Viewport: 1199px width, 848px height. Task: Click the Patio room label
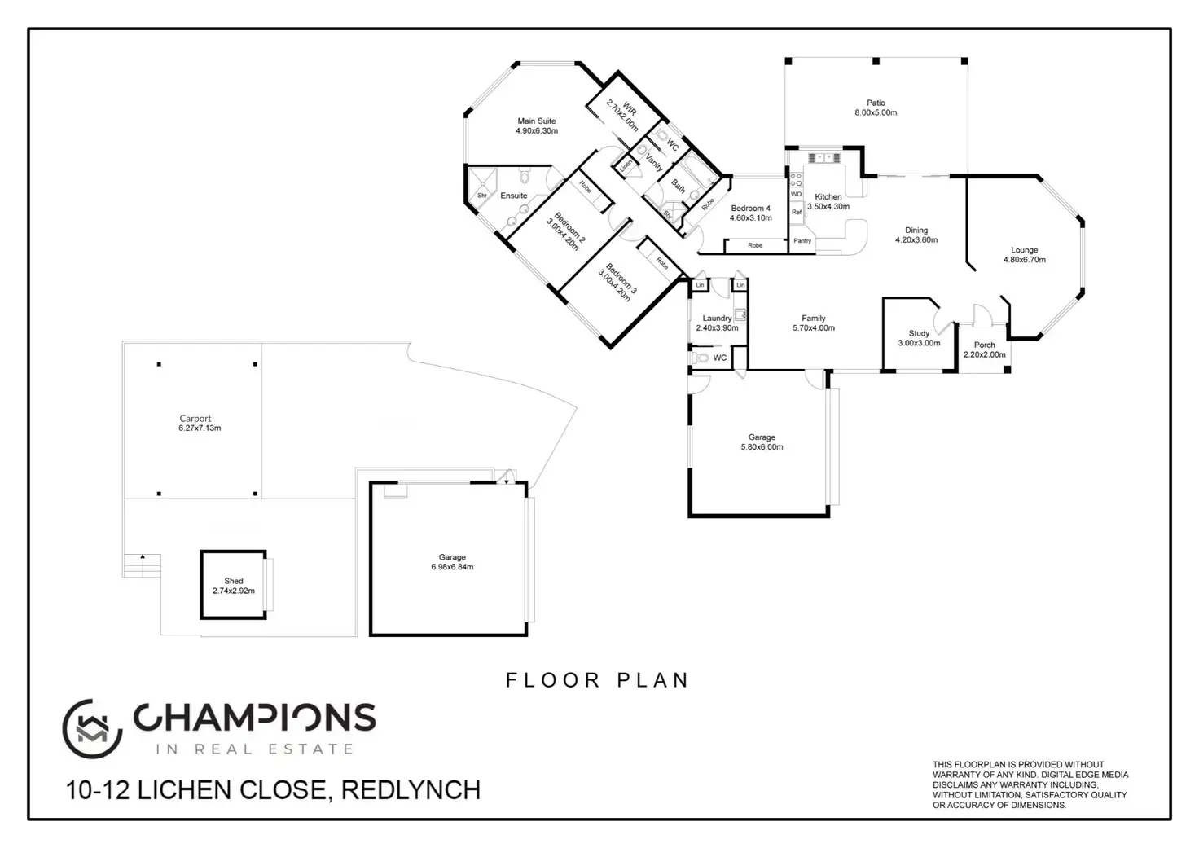(x=876, y=103)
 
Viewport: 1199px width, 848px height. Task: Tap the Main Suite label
(x=537, y=121)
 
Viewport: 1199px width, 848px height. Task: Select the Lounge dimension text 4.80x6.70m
(x=1025, y=260)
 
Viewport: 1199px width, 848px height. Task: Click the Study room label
(x=919, y=333)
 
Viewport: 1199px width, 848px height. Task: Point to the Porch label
(x=985, y=345)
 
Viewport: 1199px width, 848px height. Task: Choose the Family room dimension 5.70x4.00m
(x=814, y=328)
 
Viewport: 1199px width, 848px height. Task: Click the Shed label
(x=234, y=581)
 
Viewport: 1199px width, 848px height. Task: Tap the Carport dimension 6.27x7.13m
(x=200, y=428)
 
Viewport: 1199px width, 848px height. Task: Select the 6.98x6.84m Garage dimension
(x=452, y=567)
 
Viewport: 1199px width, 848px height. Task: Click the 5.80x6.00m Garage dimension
(x=762, y=447)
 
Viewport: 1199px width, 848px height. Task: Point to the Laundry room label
(x=717, y=318)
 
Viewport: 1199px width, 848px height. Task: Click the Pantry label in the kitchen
(x=802, y=240)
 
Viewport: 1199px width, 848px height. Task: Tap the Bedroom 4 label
(x=750, y=209)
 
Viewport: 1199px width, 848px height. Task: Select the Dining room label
(x=916, y=231)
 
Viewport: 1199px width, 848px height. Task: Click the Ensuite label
(x=514, y=196)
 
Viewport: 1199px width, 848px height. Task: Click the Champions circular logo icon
(x=92, y=728)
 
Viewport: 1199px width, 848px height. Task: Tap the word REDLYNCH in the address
(x=411, y=790)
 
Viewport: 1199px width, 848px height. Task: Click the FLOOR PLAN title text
(x=597, y=680)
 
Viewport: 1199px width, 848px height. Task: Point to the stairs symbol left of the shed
(x=142, y=565)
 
